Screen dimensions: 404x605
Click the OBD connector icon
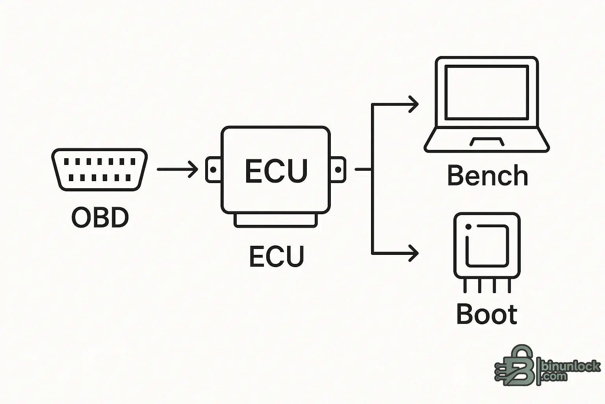(99, 169)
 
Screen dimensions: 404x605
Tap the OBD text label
(100, 217)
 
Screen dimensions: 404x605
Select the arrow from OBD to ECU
(177, 169)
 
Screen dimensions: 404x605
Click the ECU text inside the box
(276, 171)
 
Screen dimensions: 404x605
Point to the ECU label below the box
(277, 256)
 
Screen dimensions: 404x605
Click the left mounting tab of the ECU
(213, 170)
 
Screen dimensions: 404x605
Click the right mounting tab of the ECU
(338, 170)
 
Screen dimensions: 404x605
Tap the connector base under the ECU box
(276, 221)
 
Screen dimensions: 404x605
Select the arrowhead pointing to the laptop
(413, 105)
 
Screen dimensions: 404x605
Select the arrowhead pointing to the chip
(413, 253)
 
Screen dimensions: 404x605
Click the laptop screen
(486, 93)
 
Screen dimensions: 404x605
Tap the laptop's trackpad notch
(487, 142)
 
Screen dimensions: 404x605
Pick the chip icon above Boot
(487, 245)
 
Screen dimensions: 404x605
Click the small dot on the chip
(468, 227)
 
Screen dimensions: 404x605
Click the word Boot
(487, 314)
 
